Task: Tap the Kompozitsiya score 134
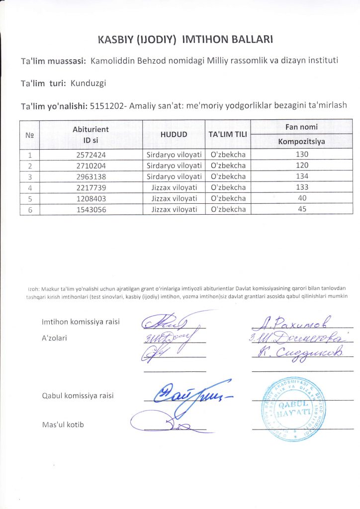[x=301, y=176]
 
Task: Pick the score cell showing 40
[x=301, y=198]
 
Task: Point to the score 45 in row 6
[x=301, y=209]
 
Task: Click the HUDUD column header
[x=174, y=135]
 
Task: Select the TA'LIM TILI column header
[x=227, y=135]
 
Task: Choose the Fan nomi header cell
[x=301, y=127]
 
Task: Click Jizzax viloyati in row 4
[x=174, y=187]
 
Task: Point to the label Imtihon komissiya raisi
[x=81, y=322]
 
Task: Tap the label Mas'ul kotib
[x=63, y=424]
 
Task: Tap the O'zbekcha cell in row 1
[x=228, y=155]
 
